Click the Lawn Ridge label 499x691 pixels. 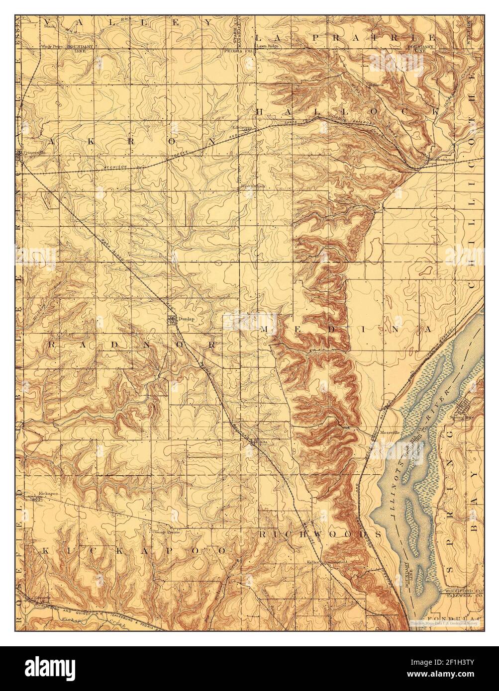click(x=268, y=46)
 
